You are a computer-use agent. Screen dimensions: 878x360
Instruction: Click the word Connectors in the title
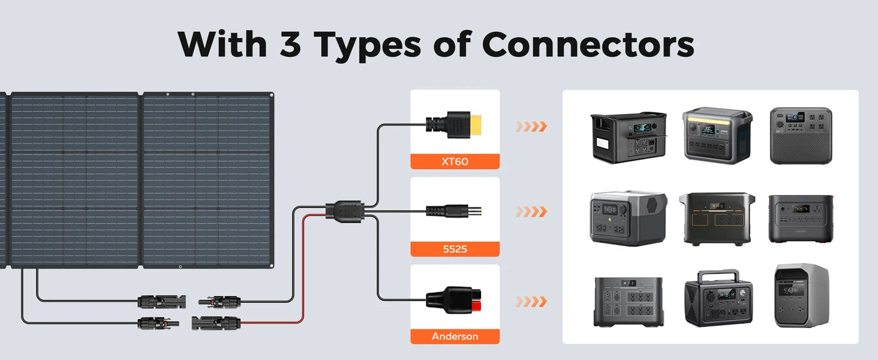coord(588,44)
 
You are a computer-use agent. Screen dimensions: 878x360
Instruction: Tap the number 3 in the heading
coord(290,44)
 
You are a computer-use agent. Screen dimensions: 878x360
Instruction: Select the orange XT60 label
coord(455,161)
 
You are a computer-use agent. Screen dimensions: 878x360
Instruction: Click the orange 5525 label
coord(455,249)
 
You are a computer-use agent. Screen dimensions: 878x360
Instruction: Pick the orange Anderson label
coord(455,337)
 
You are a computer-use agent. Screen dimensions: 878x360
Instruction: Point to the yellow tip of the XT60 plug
coord(476,125)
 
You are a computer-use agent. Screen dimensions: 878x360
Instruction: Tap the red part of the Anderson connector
coord(476,305)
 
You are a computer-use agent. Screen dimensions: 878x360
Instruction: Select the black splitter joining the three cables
coord(345,211)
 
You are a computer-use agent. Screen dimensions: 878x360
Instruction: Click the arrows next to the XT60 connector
coord(531,126)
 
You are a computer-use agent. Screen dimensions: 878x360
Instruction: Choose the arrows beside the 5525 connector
coord(531,212)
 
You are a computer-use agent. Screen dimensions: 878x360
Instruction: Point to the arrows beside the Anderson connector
coord(531,302)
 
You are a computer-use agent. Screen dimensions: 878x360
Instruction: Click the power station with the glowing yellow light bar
coord(717,135)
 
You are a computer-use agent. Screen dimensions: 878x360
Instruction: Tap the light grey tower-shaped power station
coord(802,296)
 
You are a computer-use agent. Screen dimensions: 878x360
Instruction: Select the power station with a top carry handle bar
coord(718,298)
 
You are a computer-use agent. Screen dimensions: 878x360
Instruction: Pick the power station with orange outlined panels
coord(717,219)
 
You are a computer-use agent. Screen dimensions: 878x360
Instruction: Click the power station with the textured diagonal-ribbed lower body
coord(801,136)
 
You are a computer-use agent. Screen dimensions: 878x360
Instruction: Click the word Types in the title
coord(368,46)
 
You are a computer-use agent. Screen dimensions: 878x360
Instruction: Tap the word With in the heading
coord(222,44)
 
